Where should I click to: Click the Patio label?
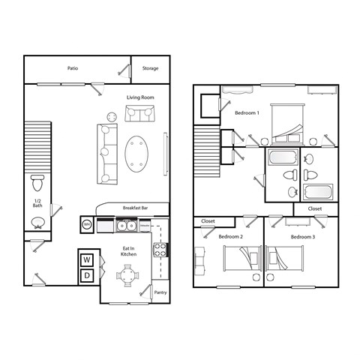coord(73,68)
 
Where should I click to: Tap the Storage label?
coord(150,68)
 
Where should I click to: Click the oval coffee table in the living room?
coord(136,153)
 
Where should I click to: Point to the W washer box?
coord(88,259)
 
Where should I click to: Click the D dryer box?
coord(88,275)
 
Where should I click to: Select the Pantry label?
coord(160,292)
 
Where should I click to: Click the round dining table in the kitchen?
coord(129,275)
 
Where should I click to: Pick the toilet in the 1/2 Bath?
coord(38,182)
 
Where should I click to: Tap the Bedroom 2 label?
coord(230,236)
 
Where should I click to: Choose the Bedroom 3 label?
coord(303,236)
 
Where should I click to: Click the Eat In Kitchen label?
coord(128,251)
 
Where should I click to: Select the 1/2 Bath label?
coord(37,204)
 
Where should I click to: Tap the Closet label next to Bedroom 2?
coord(208,221)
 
